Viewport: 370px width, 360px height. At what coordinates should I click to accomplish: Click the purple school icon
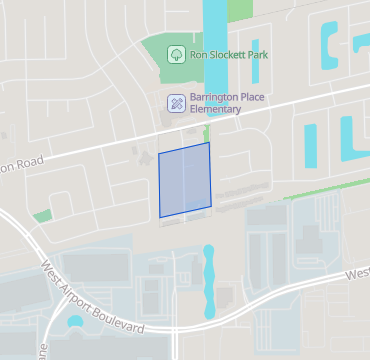(x=176, y=102)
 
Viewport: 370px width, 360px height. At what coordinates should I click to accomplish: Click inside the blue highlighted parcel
(x=186, y=180)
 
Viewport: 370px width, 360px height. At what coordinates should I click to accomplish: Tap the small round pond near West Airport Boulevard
(x=74, y=323)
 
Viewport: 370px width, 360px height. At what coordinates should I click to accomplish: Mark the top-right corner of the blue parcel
(x=209, y=143)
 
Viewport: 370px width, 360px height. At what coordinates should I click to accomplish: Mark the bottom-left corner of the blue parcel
(x=161, y=217)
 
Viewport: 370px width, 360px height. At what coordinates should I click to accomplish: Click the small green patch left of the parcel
(x=41, y=215)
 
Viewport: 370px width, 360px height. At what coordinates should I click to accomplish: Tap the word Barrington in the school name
(x=205, y=96)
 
